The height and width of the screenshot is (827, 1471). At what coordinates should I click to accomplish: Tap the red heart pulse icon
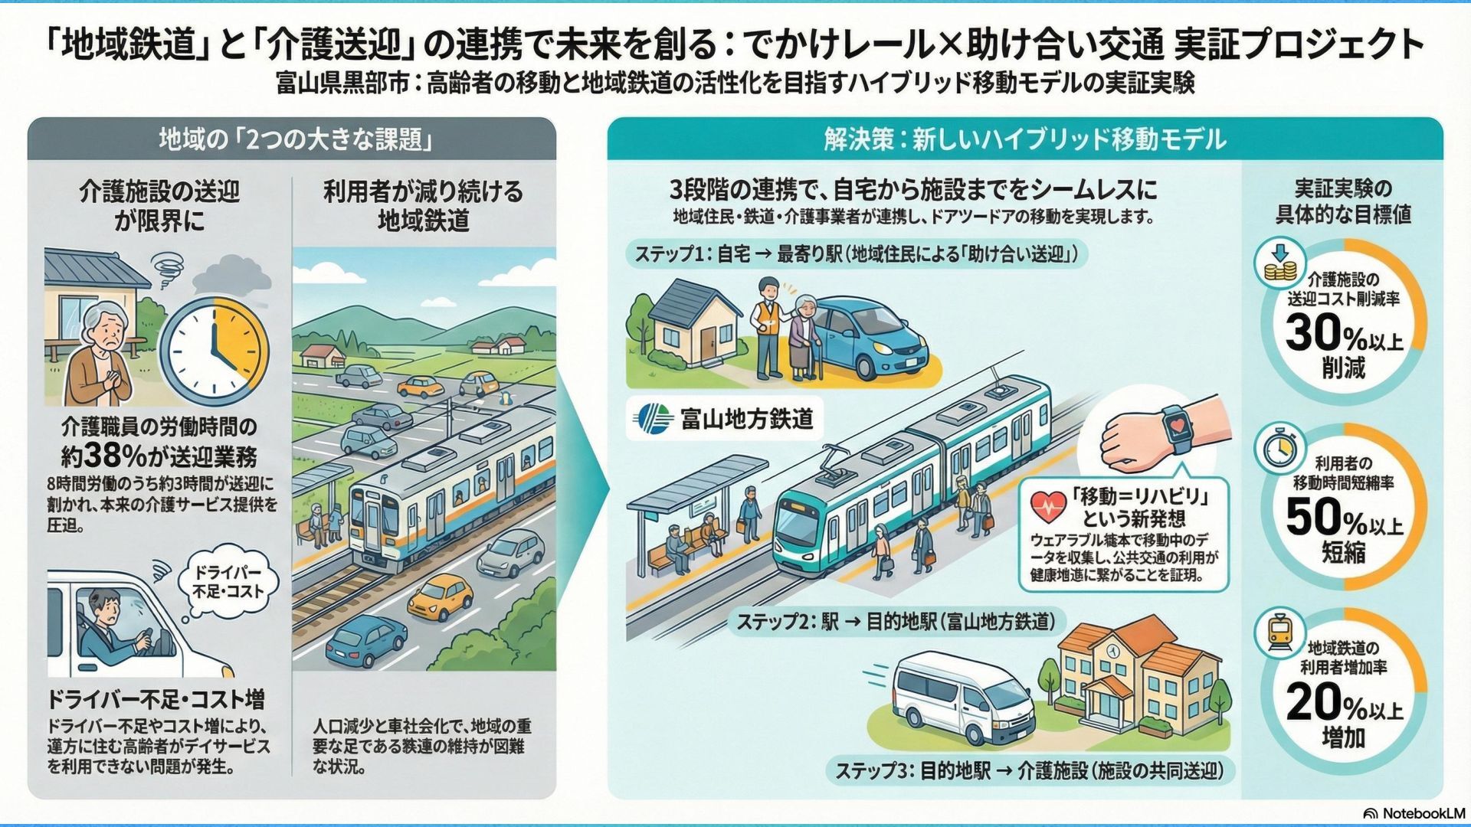click(x=1048, y=505)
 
